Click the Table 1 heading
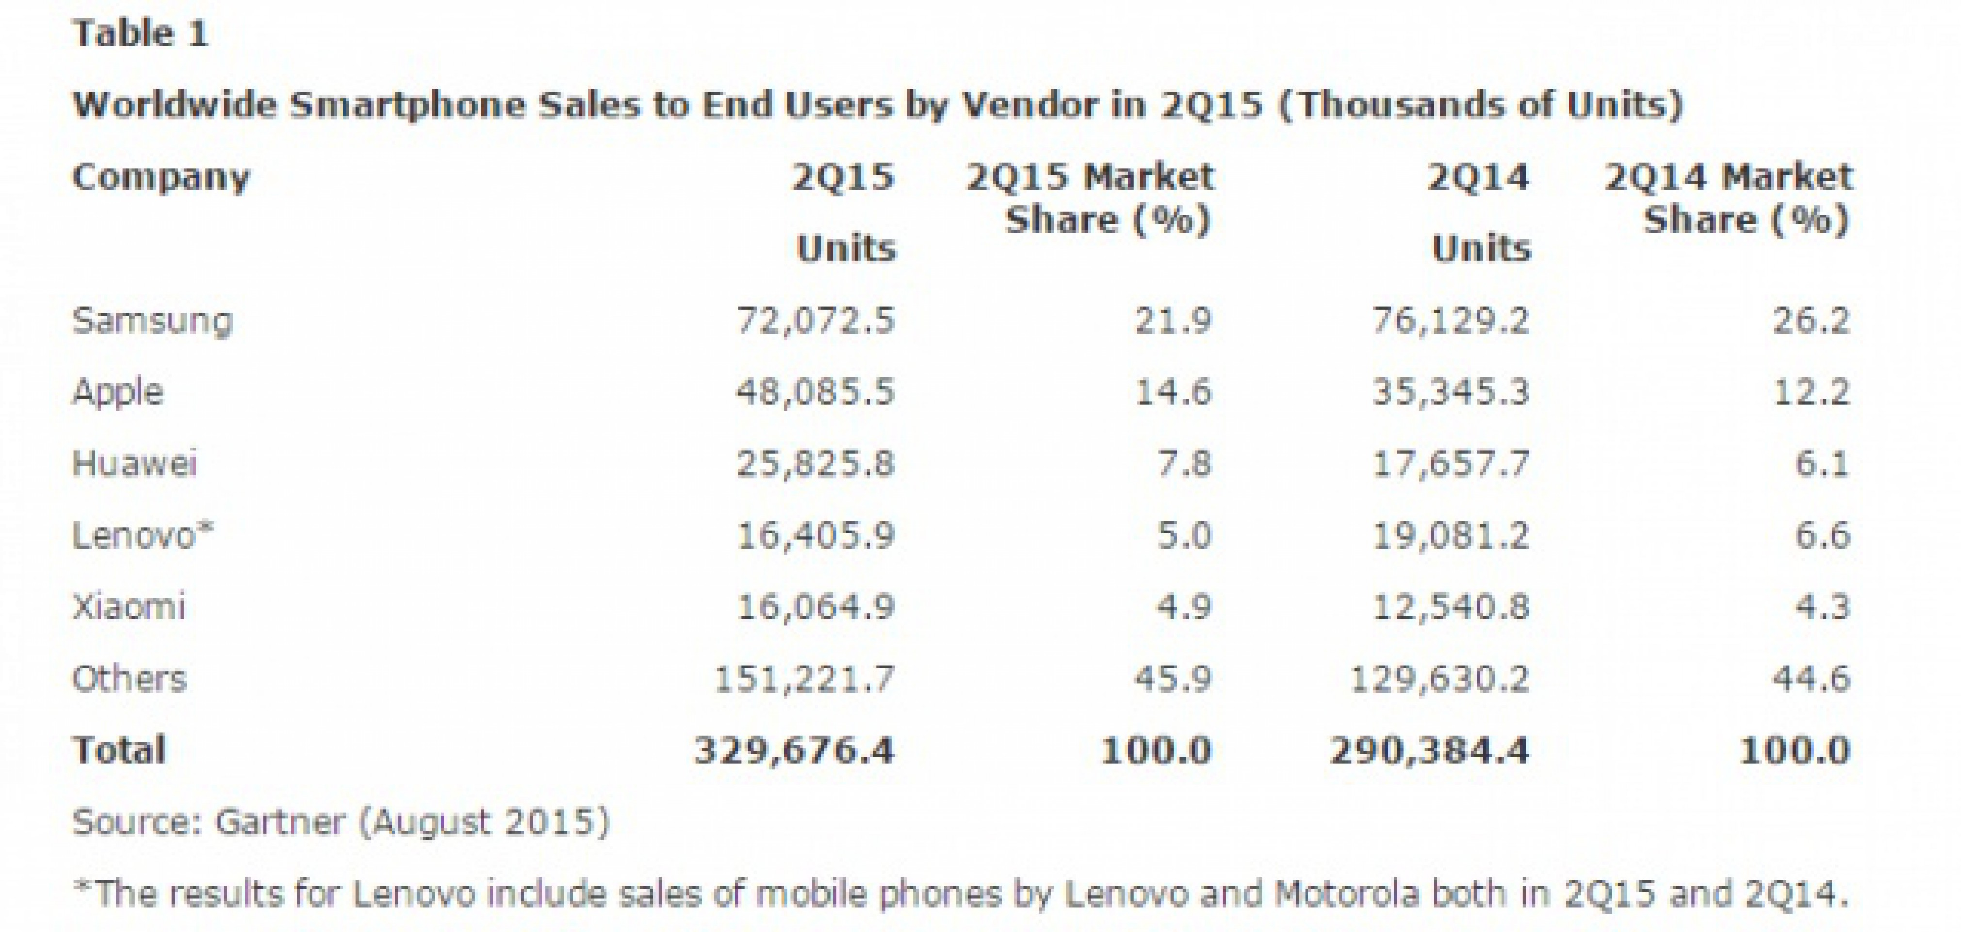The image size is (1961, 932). pyautogui.click(x=140, y=34)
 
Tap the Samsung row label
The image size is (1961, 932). pyautogui.click(x=152, y=320)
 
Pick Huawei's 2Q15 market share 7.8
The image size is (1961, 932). pyautogui.click(x=1184, y=464)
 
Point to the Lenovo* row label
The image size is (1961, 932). pyautogui.click(x=143, y=535)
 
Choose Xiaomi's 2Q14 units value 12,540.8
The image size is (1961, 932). pyautogui.click(x=1450, y=607)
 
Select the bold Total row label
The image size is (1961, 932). pyautogui.click(x=119, y=750)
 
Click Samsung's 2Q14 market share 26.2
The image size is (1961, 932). pyautogui.click(x=1811, y=320)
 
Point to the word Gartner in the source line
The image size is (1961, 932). pyautogui.click(x=280, y=822)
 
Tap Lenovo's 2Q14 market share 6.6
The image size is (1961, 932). pyautogui.click(x=1822, y=535)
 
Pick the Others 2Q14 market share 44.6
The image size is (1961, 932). pyautogui.click(x=1811, y=679)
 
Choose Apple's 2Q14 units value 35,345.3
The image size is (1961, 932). pyautogui.click(x=1450, y=392)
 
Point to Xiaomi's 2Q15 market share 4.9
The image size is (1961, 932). pyautogui.click(x=1184, y=607)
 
